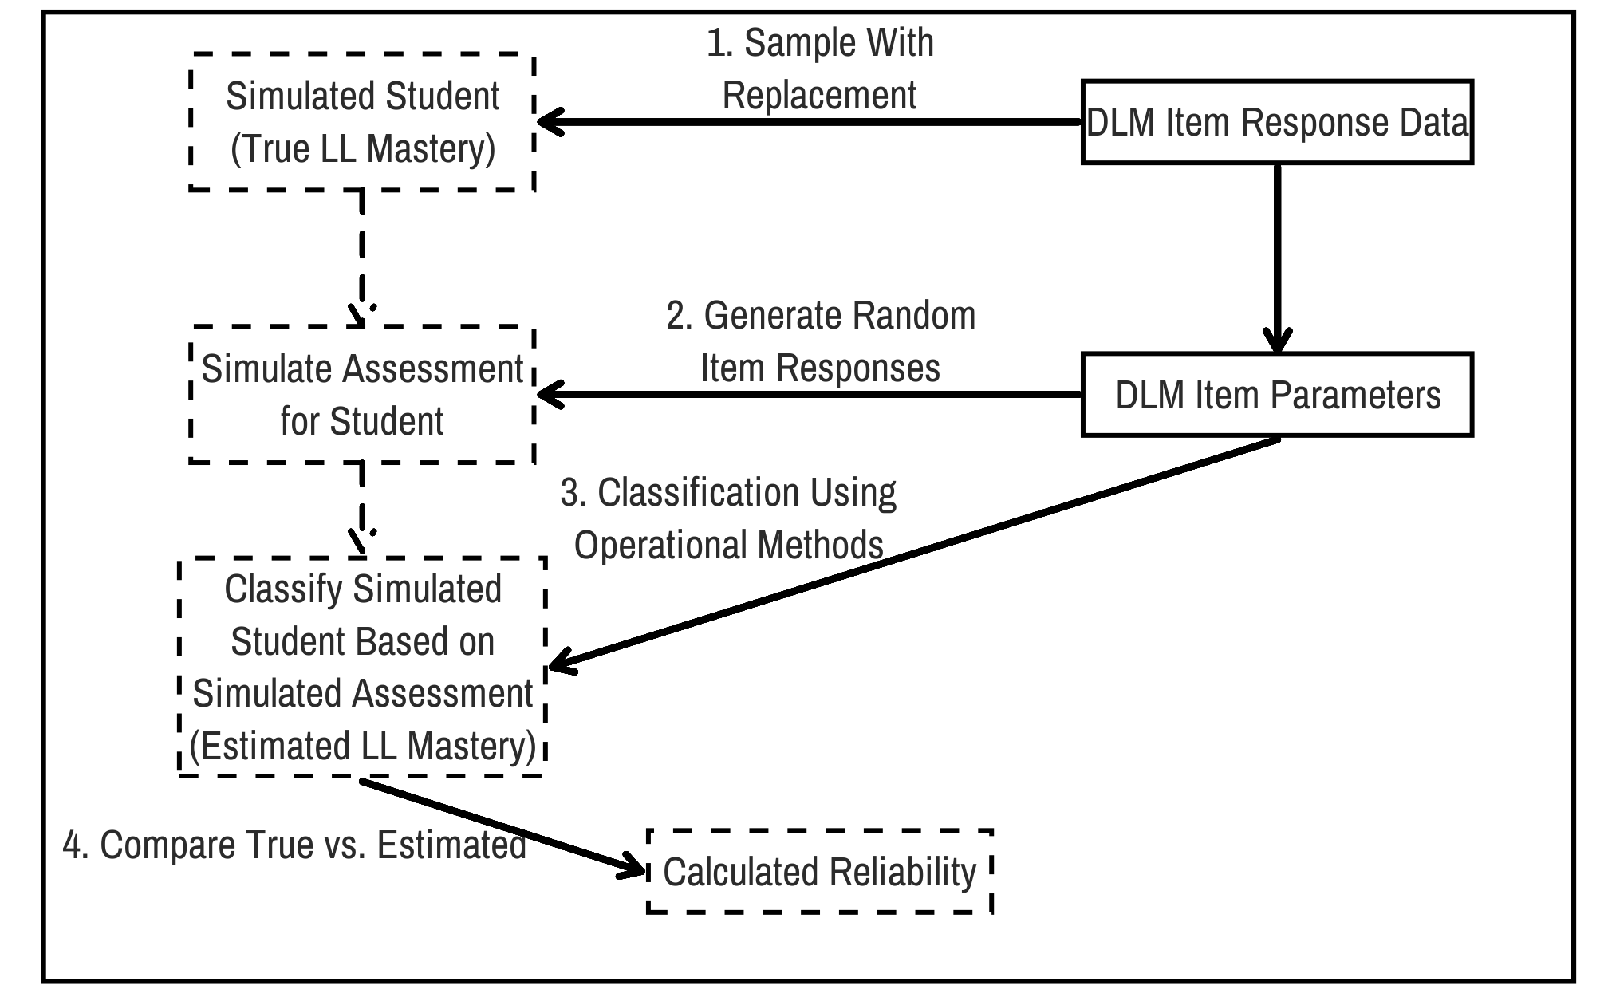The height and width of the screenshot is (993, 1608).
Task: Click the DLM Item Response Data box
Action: [1276, 122]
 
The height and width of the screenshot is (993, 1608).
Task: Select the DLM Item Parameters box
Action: [1276, 395]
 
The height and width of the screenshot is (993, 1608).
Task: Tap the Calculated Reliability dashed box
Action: [819, 872]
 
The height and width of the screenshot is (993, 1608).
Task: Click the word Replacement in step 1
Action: [819, 96]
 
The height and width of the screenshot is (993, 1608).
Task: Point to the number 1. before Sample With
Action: [719, 43]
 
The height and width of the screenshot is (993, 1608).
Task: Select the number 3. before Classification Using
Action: [573, 493]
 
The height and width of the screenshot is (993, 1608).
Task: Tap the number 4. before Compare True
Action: [76, 845]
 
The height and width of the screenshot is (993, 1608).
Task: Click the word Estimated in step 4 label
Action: [451, 845]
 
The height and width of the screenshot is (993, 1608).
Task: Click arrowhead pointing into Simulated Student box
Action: [549, 122]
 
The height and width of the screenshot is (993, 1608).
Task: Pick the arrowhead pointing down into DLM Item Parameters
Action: [1278, 341]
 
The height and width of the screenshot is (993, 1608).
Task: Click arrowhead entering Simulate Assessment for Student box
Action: [549, 395]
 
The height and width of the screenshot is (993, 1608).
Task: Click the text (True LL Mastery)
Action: [363, 149]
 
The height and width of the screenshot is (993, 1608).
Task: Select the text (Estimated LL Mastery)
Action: [363, 747]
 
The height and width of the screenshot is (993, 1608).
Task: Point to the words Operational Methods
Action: [728, 546]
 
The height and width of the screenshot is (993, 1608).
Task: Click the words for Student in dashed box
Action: [361, 422]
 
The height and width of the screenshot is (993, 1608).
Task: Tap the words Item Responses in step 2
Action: [820, 368]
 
